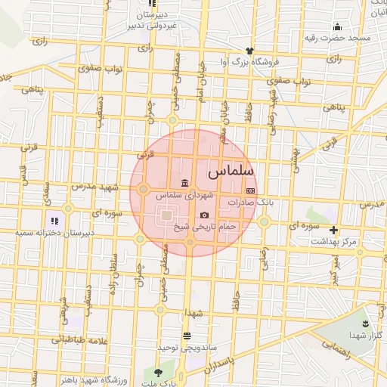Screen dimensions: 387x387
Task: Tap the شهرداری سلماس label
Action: [x=185, y=195]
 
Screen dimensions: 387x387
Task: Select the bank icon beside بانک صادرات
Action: [x=251, y=191]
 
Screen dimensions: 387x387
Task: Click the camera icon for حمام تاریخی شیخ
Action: [x=204, y=215]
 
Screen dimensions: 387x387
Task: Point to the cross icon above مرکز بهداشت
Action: [x=333, y=230]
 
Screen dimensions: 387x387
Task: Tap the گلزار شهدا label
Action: [x=369, y=335]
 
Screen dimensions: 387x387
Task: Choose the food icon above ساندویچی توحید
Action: [x=187, y=336]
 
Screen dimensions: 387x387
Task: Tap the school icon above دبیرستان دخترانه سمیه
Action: [x=54, y=221]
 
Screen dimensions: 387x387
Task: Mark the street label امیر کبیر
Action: [x=330, y=269]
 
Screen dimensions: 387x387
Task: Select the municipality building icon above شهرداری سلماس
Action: [x=185, y=182]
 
